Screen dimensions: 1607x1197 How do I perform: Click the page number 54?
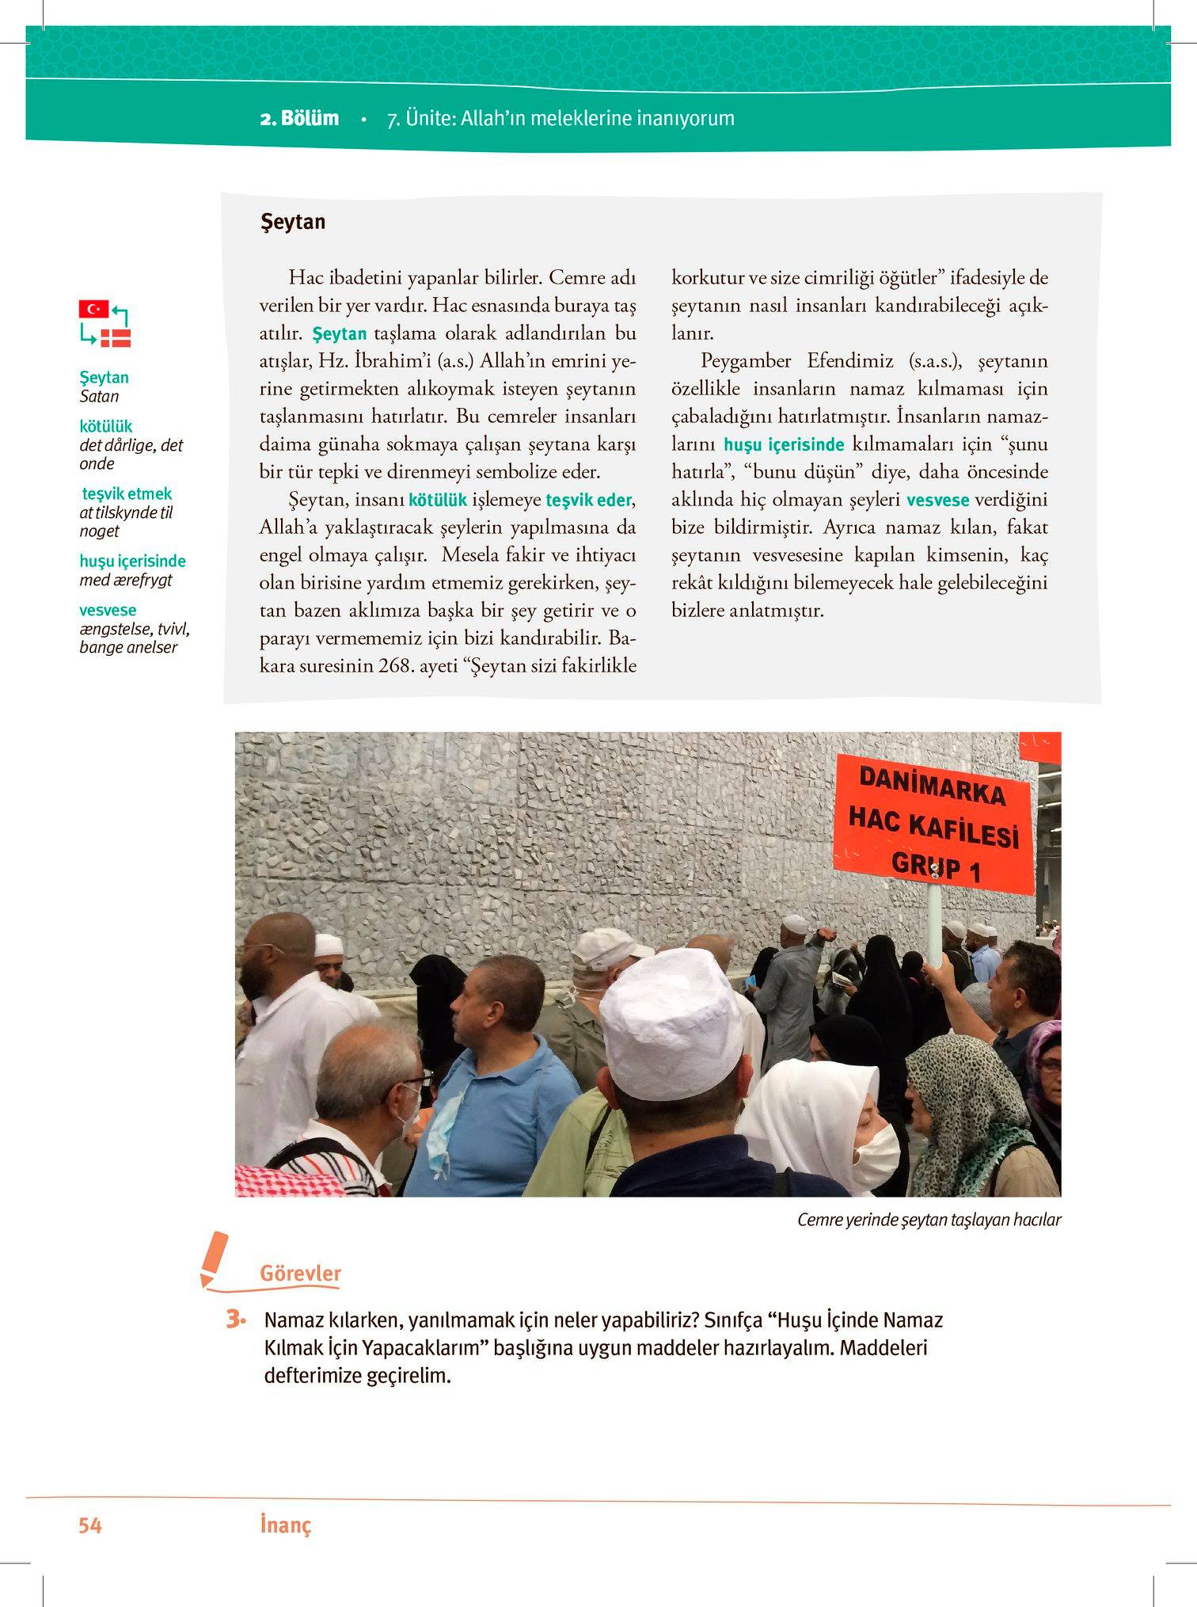90,1525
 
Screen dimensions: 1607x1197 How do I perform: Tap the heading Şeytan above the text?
293,222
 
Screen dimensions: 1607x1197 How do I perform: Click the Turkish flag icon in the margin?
93,309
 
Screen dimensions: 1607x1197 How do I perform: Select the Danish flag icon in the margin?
116,338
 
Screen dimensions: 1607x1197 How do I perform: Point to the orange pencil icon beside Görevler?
214,1259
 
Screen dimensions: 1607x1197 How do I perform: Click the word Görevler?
300,1274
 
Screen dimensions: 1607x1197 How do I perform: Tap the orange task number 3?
234,1319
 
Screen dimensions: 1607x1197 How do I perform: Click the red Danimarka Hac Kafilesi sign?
934,824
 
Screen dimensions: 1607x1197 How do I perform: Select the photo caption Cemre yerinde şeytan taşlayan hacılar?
929,1220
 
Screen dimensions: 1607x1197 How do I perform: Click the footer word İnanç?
285,1525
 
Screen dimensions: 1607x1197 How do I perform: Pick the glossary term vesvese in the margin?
108,610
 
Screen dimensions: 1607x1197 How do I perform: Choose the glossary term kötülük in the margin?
106,426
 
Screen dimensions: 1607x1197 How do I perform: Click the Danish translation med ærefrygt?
125,580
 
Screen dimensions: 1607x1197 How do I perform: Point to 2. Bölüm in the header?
299,119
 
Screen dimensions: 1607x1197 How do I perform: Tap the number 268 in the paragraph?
393,666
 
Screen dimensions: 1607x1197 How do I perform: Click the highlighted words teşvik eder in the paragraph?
589,500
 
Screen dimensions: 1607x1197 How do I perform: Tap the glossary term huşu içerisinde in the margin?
132,561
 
